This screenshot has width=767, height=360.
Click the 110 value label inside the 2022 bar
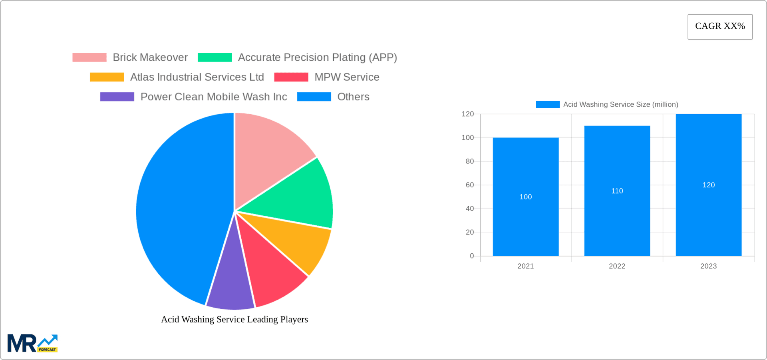click(x=617, y=191)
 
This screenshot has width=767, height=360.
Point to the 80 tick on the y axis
click(x=470, y=161)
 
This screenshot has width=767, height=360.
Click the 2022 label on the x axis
click(x=617, y=266)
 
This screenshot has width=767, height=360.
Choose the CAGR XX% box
click(x=720, y=26)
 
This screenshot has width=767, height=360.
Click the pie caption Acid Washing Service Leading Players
click(x=234, y=319)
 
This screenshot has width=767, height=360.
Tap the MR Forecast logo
click(x=32, y=343)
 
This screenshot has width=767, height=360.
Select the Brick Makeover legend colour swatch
click(x=89, y=58)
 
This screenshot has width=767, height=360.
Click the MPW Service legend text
click(x=347, y=77)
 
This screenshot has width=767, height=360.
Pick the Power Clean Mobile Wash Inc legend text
click(x=214, y=97)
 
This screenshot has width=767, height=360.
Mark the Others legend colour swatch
click(x=314, y=97)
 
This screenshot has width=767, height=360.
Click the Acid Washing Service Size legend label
click(x=620, y=105)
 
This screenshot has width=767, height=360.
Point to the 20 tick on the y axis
click(x=470, y=232)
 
